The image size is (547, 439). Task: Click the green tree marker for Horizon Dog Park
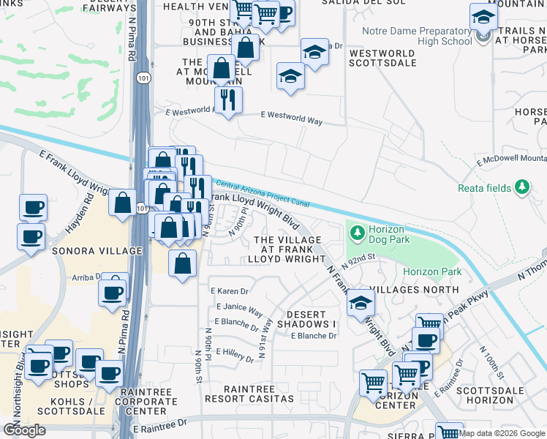357,233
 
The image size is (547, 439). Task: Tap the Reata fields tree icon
521,188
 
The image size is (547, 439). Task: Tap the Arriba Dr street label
86,278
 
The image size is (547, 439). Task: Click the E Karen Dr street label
230,291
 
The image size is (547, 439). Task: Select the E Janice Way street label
238,308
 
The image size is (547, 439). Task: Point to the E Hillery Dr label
235,355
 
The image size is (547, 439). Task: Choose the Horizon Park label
431,271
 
